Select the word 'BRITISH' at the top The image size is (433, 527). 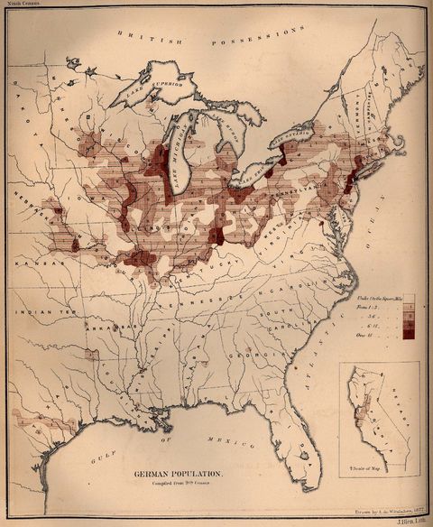[x=155, y=39]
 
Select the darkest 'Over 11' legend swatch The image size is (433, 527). [x=409, y=333]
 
